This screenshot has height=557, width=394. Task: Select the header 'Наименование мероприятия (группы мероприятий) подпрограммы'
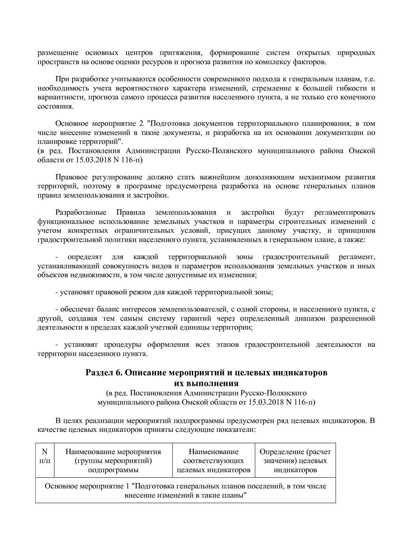(113, 460)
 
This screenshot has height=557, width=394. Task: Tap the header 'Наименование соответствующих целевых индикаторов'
(213, 460)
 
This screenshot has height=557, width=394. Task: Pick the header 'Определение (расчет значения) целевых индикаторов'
(295, 460)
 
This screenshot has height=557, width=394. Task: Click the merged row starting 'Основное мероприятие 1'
(185, 490)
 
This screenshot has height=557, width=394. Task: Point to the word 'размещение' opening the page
(57, 52)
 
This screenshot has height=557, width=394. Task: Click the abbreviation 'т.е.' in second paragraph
(369, 79)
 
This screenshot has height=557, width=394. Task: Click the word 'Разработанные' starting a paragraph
(81, 212)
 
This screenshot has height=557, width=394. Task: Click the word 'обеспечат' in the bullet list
(75, 309)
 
